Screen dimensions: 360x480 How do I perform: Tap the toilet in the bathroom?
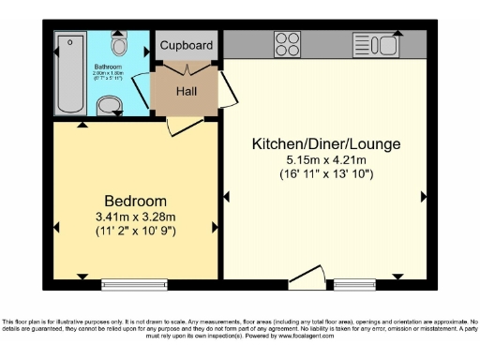pos(119,44)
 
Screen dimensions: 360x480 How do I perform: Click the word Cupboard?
pos(187,45)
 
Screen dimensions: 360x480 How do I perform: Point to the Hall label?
pos(187,91)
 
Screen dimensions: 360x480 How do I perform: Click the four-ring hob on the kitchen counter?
pos(286,44)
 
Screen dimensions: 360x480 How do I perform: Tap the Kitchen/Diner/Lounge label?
pos(326,144)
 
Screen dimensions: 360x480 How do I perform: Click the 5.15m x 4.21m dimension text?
pos(326,159)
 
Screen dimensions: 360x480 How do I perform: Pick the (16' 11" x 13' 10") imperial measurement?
pos(326,173)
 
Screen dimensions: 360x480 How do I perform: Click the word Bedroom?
pos(135,201)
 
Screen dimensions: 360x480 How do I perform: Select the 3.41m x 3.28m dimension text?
pos(135,216)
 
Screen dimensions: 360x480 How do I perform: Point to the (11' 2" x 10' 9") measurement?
pos(135,230)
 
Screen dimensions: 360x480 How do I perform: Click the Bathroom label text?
pos(108,67)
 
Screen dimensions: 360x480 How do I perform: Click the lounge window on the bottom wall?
pos(354,281)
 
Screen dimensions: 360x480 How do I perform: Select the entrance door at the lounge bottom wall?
pos(307,274)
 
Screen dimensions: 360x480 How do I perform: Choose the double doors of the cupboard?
pos(187,68)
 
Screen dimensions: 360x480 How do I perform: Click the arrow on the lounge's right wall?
pos(424,196)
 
